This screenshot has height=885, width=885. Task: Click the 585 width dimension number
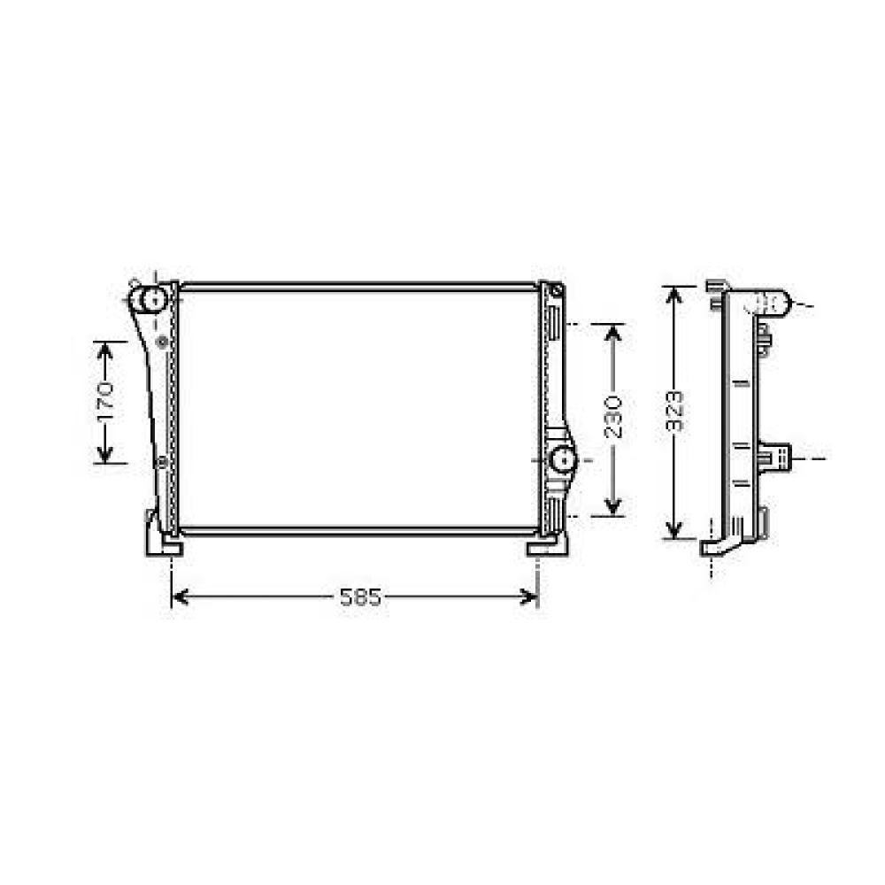tap(361, 597)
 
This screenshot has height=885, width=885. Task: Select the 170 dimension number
tap(106, 401)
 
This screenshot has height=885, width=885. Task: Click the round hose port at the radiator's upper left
tap(152, 299)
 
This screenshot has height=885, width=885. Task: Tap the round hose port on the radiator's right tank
tap(561, 459)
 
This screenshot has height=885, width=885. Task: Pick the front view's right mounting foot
tap(546, 545)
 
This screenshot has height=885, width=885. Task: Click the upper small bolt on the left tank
tap(161, 341)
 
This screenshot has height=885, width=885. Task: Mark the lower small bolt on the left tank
tap(161, 462)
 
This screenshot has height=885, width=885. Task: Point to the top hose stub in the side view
tap(770, 304)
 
